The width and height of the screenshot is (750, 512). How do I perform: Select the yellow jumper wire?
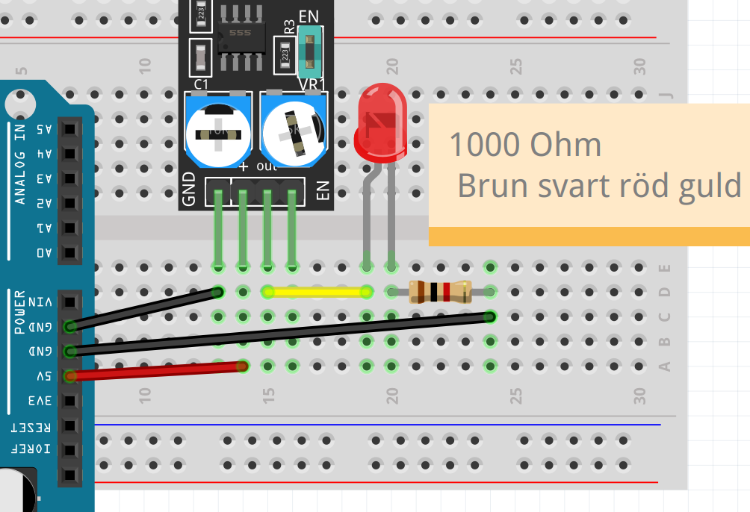point(317,291)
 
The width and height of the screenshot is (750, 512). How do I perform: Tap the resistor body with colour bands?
point(440,291)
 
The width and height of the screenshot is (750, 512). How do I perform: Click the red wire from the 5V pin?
point(157,371)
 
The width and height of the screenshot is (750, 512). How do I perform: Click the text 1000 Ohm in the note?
point(524,145)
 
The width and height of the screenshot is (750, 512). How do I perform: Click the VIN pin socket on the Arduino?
point(69,302)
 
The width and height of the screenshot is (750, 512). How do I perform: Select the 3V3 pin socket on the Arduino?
point(69,400)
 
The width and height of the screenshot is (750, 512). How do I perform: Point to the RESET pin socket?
point(69,425)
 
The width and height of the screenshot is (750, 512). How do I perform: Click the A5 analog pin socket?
point(69,129)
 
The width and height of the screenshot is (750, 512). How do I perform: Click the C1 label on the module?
point(201,84)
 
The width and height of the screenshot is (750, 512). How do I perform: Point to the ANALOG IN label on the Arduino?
point(20,164)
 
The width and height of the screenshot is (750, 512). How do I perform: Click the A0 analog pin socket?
point(69,252)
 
